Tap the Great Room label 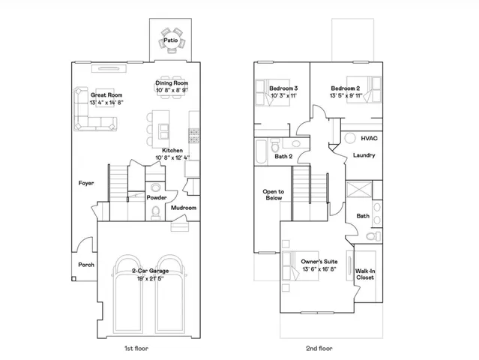107,95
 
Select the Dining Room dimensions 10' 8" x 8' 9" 172,90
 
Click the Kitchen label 173,150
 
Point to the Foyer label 86,183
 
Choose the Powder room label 157,197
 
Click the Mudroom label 183,208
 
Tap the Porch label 86,264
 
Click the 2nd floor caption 319,348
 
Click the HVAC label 369,139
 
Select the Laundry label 364,156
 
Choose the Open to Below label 273,195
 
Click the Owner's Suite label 319,261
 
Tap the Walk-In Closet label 365,274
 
